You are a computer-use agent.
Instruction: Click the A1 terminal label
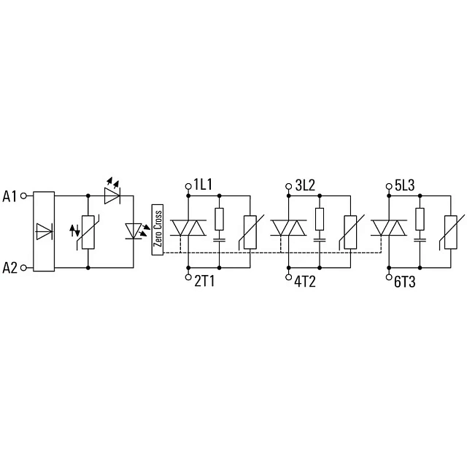9,196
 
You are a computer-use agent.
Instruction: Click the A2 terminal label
10,268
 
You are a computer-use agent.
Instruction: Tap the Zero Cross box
158,230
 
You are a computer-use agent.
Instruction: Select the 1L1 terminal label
203,185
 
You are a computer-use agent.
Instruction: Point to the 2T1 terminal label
204,281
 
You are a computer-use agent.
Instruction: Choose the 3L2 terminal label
305,185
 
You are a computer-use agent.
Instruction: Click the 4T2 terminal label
305,281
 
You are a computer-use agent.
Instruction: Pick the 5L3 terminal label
405,185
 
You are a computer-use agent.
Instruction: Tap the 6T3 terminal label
404,282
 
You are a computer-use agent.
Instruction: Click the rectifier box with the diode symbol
44,231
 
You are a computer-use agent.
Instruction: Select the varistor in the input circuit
88,232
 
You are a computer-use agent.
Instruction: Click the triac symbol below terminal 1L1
188,228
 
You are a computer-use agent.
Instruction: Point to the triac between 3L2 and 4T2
289,228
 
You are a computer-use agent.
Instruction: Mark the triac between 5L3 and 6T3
389,228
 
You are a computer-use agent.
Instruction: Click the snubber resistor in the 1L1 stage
220,219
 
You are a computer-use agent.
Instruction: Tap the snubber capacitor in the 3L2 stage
320,239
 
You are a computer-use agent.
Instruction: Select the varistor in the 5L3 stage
451,232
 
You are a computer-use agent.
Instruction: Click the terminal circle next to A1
23,196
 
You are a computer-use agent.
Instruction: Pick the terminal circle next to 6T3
389,277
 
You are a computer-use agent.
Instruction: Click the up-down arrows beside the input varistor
74,231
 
